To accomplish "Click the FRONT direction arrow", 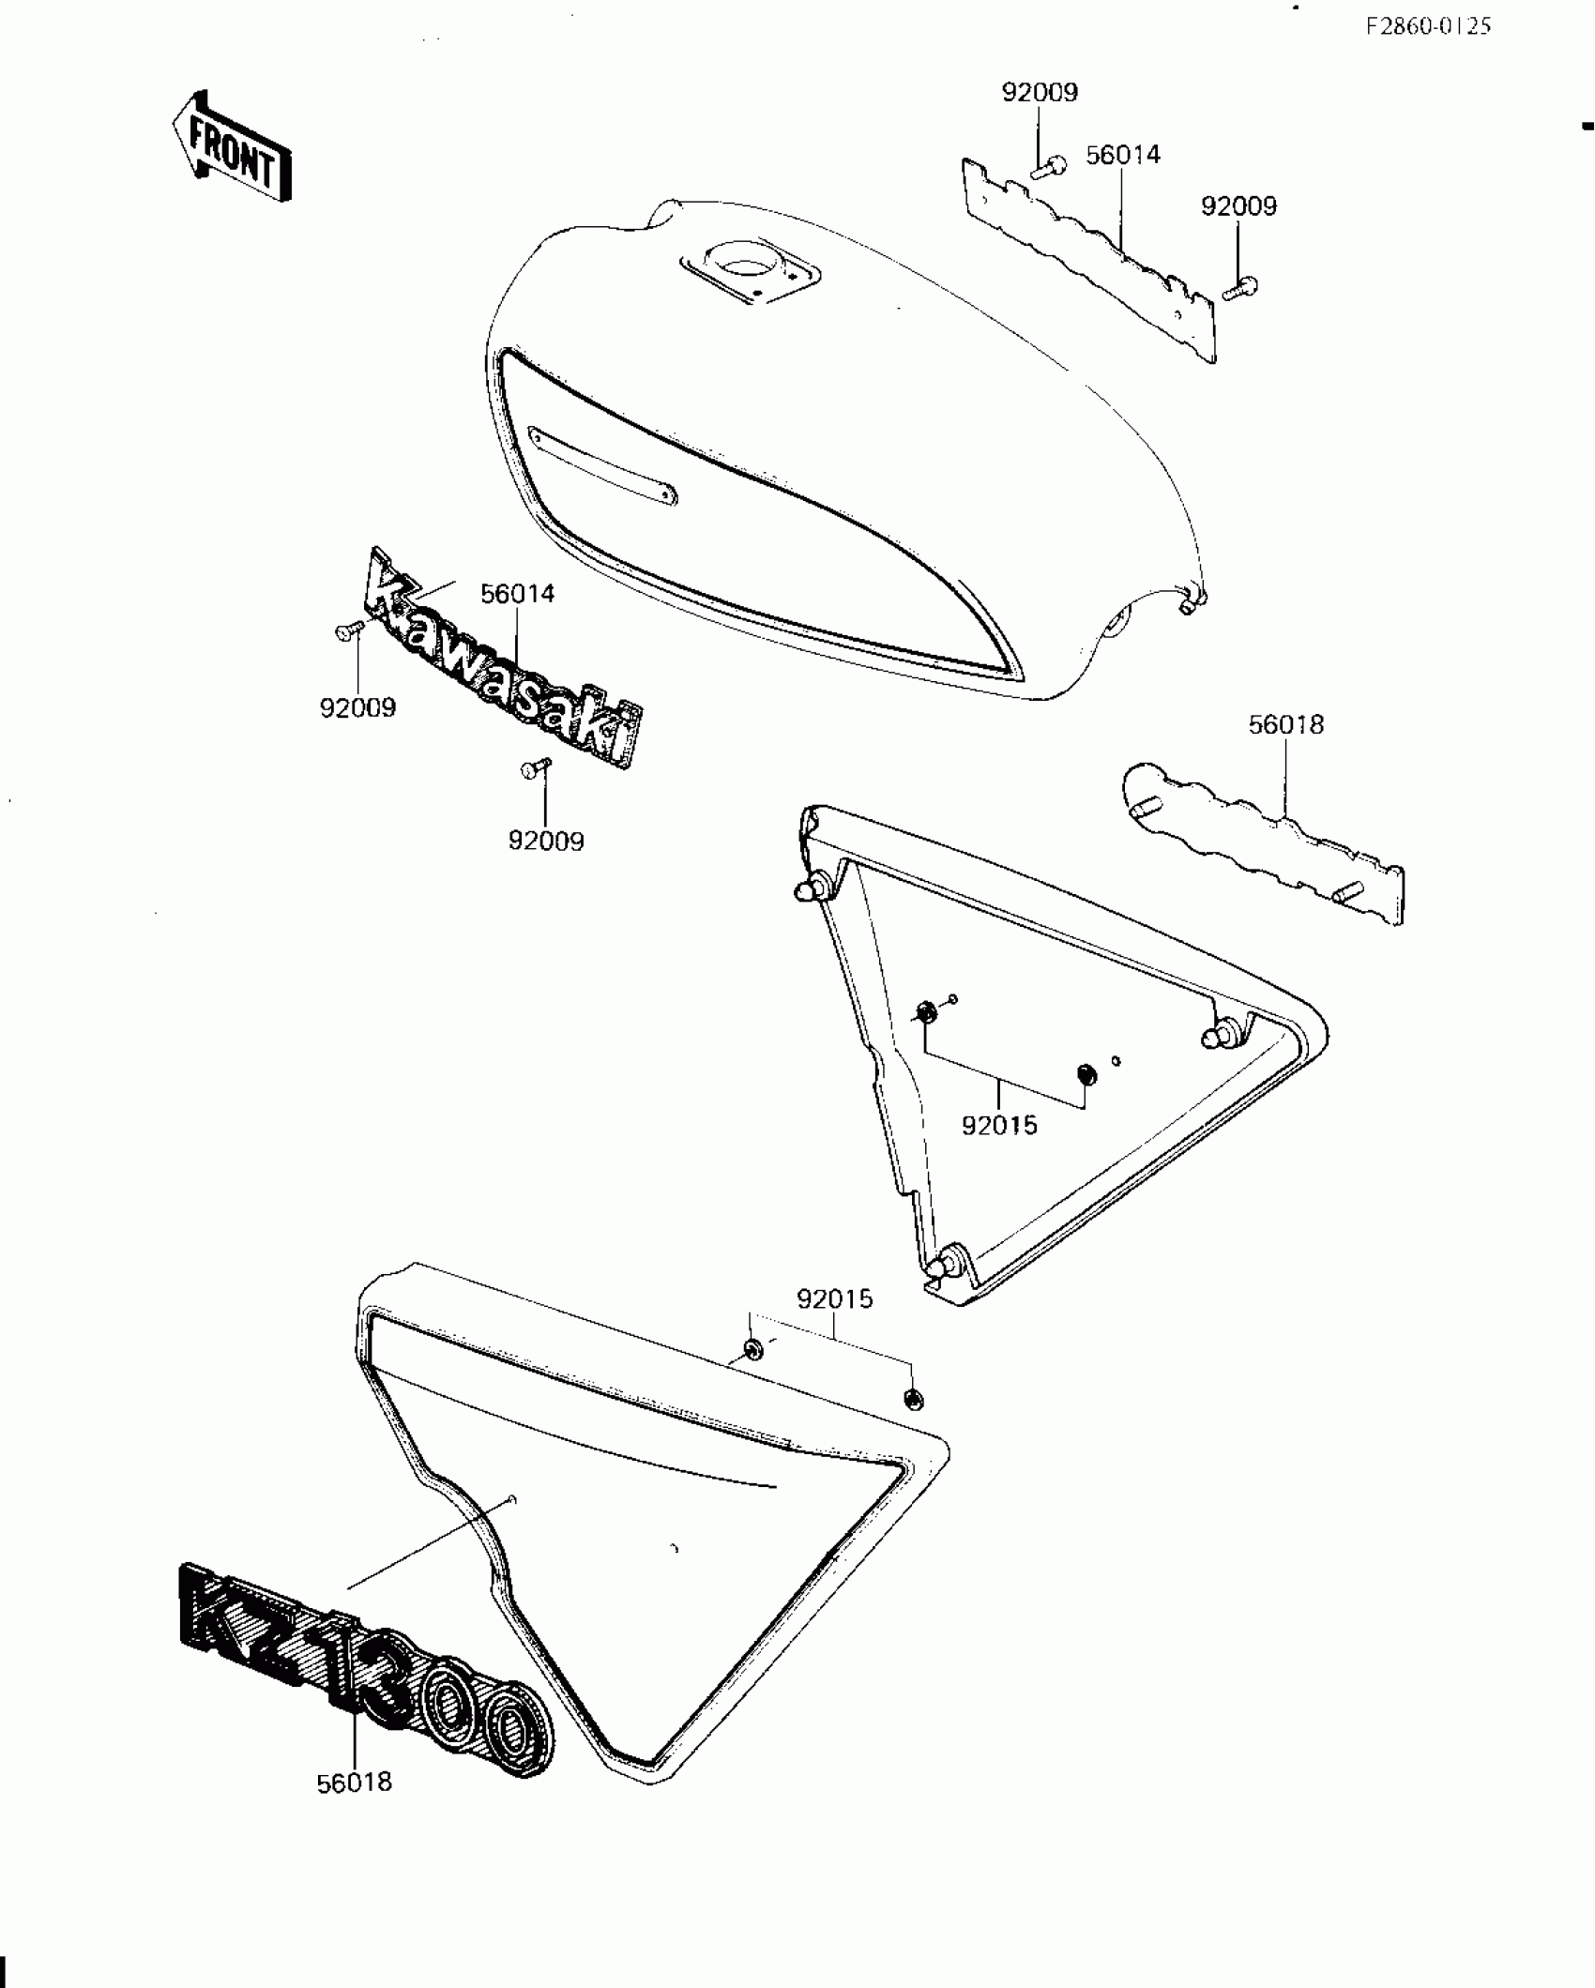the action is point(231,148).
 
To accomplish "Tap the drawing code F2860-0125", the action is point(1427,26).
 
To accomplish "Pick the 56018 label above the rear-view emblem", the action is point(1285,724).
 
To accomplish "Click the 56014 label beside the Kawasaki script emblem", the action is point(518,594).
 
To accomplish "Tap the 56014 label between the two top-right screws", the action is point(1123,155).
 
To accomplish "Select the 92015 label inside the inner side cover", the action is point(999,1125).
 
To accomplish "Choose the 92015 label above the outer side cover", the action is point(834,1299).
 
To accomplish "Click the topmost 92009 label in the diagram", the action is point(1040,92).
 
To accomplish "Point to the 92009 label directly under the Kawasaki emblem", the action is point(546,841).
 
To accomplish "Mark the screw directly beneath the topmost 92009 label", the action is point(1048,169).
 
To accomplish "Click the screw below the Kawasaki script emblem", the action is point(534,768).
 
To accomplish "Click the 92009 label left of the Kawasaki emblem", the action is point(357,707).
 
